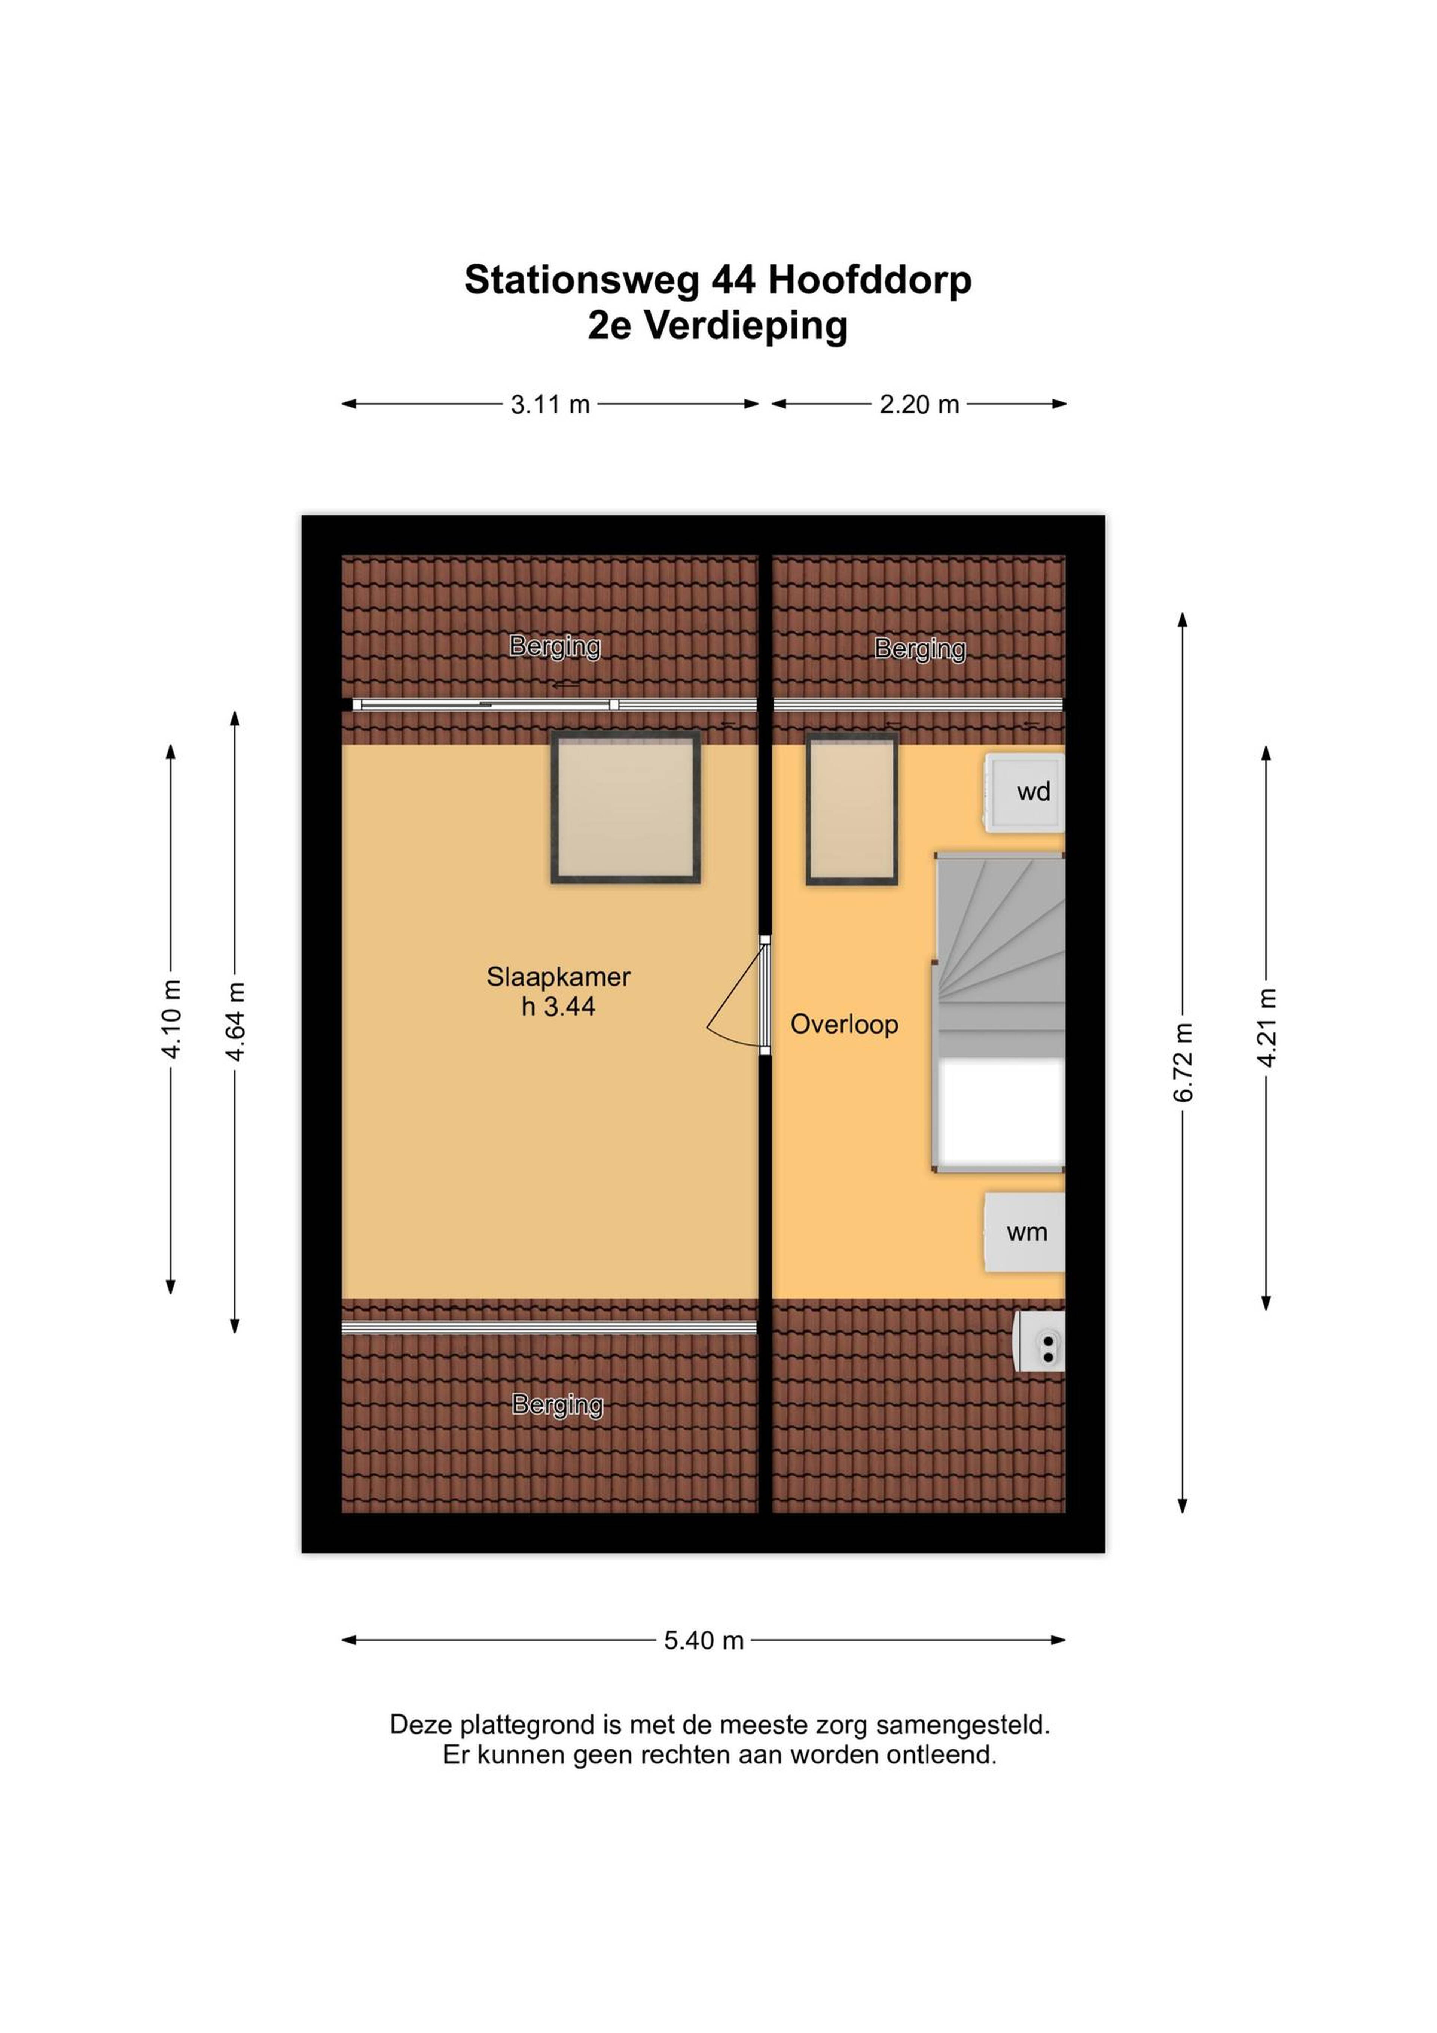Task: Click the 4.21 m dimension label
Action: (1267, 1027)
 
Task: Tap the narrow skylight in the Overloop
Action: (852, 809)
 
